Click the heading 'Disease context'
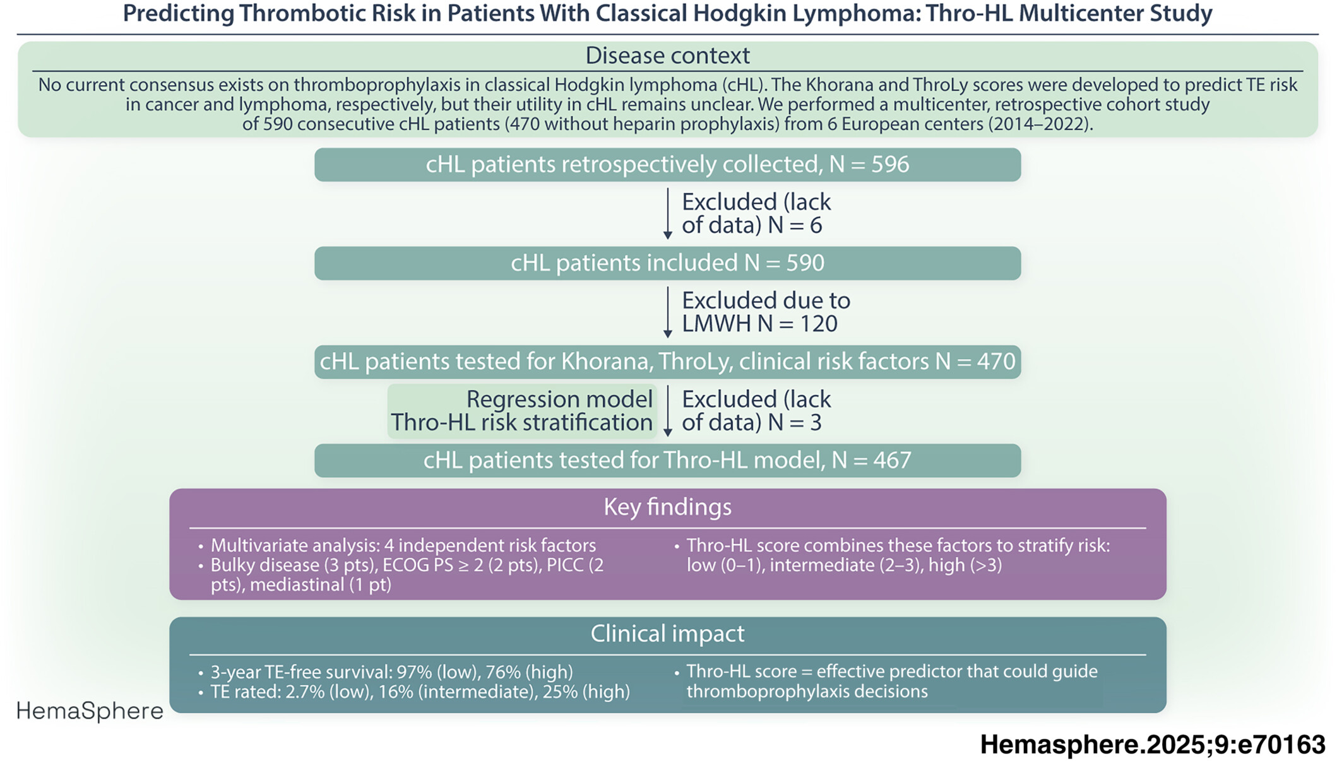pyautogui.click(x=667, y=56)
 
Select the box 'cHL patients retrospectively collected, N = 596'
pyautogui.click(x=667, y=165)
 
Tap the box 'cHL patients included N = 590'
pyautogui.click(x=667, y=263)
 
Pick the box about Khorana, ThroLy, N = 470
pyautogui.click(x=667, y=362)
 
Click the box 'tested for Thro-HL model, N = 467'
pyautogui.click(x=667, y=461)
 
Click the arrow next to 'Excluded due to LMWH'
pyautogui.click(x=667, y=312)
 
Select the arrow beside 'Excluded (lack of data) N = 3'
pyautogui.click(x=667, y=411)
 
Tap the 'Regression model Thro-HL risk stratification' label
pyautogui.click(x=522, y=411)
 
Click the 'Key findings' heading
pyautogui.click(x=667, y=507)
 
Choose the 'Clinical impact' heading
pyautogui.click(x=667, y=634)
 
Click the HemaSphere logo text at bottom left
pyautogui.click(x=90, y=711)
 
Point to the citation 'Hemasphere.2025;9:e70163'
pyautogui.click(x=1153, y=745)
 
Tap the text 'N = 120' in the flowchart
pyautogui.click(x=798, y=324)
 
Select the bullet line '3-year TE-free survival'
pyautogui.click(x=391, y=671)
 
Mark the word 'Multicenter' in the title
pyautogui.click(x=1077, y=13)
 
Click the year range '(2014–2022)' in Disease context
pyautogui.click(x=1040, y=124)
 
